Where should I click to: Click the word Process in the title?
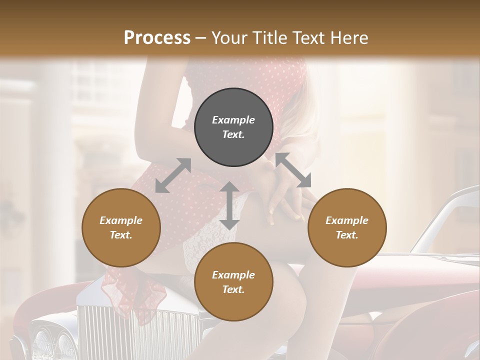pyautogui.click(x=157, y=38)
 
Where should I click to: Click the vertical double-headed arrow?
pyautogui.click(x=229, y=205)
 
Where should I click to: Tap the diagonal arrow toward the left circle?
pyautogui.click(x=173, y=175)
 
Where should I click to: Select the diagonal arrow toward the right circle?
pyautogui.click(x=293, y=170)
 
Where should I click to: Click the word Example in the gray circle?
pyautogui.click(x=233, y=120)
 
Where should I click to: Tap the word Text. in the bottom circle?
pyautogui.click(x=233, y=289)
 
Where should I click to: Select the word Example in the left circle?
pyautogui.click(x=121, y=220)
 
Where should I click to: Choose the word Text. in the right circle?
pyautogui.click(x=347, y=235)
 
